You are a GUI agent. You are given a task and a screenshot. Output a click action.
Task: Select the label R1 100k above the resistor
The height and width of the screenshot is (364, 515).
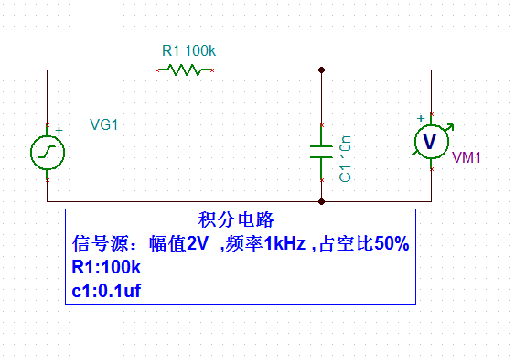[x=189, y=51]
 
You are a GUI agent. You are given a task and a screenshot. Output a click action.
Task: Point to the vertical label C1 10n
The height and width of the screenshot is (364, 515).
[x=346, y=158]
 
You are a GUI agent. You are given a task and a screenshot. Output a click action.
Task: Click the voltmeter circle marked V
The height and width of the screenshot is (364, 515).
[x=429, y=140]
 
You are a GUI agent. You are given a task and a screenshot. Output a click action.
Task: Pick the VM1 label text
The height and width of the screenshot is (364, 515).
[x=467, y=157]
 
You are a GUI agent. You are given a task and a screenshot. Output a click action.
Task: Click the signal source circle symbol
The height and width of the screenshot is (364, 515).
[x=47, y=152]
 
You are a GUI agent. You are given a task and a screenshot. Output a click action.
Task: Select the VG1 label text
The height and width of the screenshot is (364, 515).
[x=104, y=125]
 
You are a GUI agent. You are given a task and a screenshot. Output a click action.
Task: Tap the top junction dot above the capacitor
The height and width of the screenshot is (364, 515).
[x=321, y=70]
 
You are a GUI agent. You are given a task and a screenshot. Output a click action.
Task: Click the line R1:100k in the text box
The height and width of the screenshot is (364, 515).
[x=106, y=268]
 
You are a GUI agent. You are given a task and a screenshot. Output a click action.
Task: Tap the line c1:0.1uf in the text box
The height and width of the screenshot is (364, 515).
[x=106, y=291]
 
